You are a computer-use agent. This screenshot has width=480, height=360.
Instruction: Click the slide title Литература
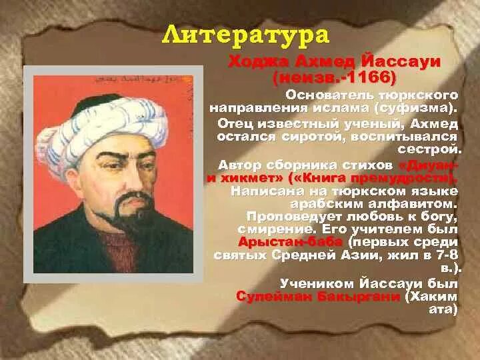247,35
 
